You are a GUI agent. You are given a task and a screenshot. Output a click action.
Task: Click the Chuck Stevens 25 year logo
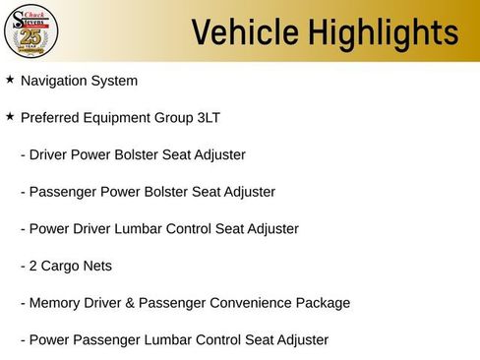31,31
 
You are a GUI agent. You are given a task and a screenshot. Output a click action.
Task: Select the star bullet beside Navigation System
10,80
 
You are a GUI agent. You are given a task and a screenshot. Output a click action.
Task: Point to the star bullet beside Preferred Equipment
10,116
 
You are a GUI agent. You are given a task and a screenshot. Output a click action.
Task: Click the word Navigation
56,81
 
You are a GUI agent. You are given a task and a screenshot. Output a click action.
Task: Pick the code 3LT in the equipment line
207,118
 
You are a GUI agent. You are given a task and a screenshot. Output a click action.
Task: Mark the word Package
324,303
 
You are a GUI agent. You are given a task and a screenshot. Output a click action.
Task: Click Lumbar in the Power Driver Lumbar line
144,229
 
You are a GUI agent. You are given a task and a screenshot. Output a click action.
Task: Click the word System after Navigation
116,81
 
